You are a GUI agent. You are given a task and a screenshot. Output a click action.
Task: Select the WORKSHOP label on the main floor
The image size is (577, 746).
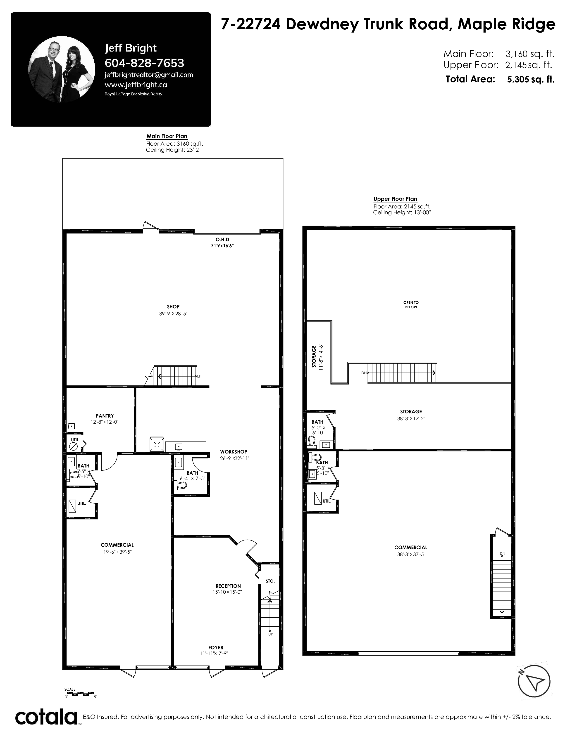[x=234, y=452]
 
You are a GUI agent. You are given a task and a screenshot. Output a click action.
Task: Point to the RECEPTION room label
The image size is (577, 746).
[x=228, y=586]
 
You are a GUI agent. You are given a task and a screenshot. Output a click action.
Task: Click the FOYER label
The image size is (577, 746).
[x=216, y=647]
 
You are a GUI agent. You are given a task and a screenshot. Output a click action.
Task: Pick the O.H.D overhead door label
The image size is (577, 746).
[x=222, y=240]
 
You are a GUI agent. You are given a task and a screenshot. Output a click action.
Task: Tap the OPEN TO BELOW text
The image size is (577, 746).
[x=411, y=305]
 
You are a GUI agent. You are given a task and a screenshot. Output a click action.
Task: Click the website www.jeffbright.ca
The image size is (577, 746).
[x=136, y=85]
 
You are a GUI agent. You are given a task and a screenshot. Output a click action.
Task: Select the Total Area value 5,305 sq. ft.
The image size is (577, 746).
[x=531, y=80]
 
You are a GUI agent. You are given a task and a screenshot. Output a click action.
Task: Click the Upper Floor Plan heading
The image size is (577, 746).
[x=395, y=199]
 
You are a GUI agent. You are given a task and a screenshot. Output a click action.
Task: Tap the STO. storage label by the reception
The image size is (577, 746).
[x=270, y=581]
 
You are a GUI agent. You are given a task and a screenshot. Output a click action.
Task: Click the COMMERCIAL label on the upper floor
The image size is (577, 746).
[x=411, y=547]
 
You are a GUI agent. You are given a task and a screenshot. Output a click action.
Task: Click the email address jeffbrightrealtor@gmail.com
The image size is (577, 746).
[x=149, y=75]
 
